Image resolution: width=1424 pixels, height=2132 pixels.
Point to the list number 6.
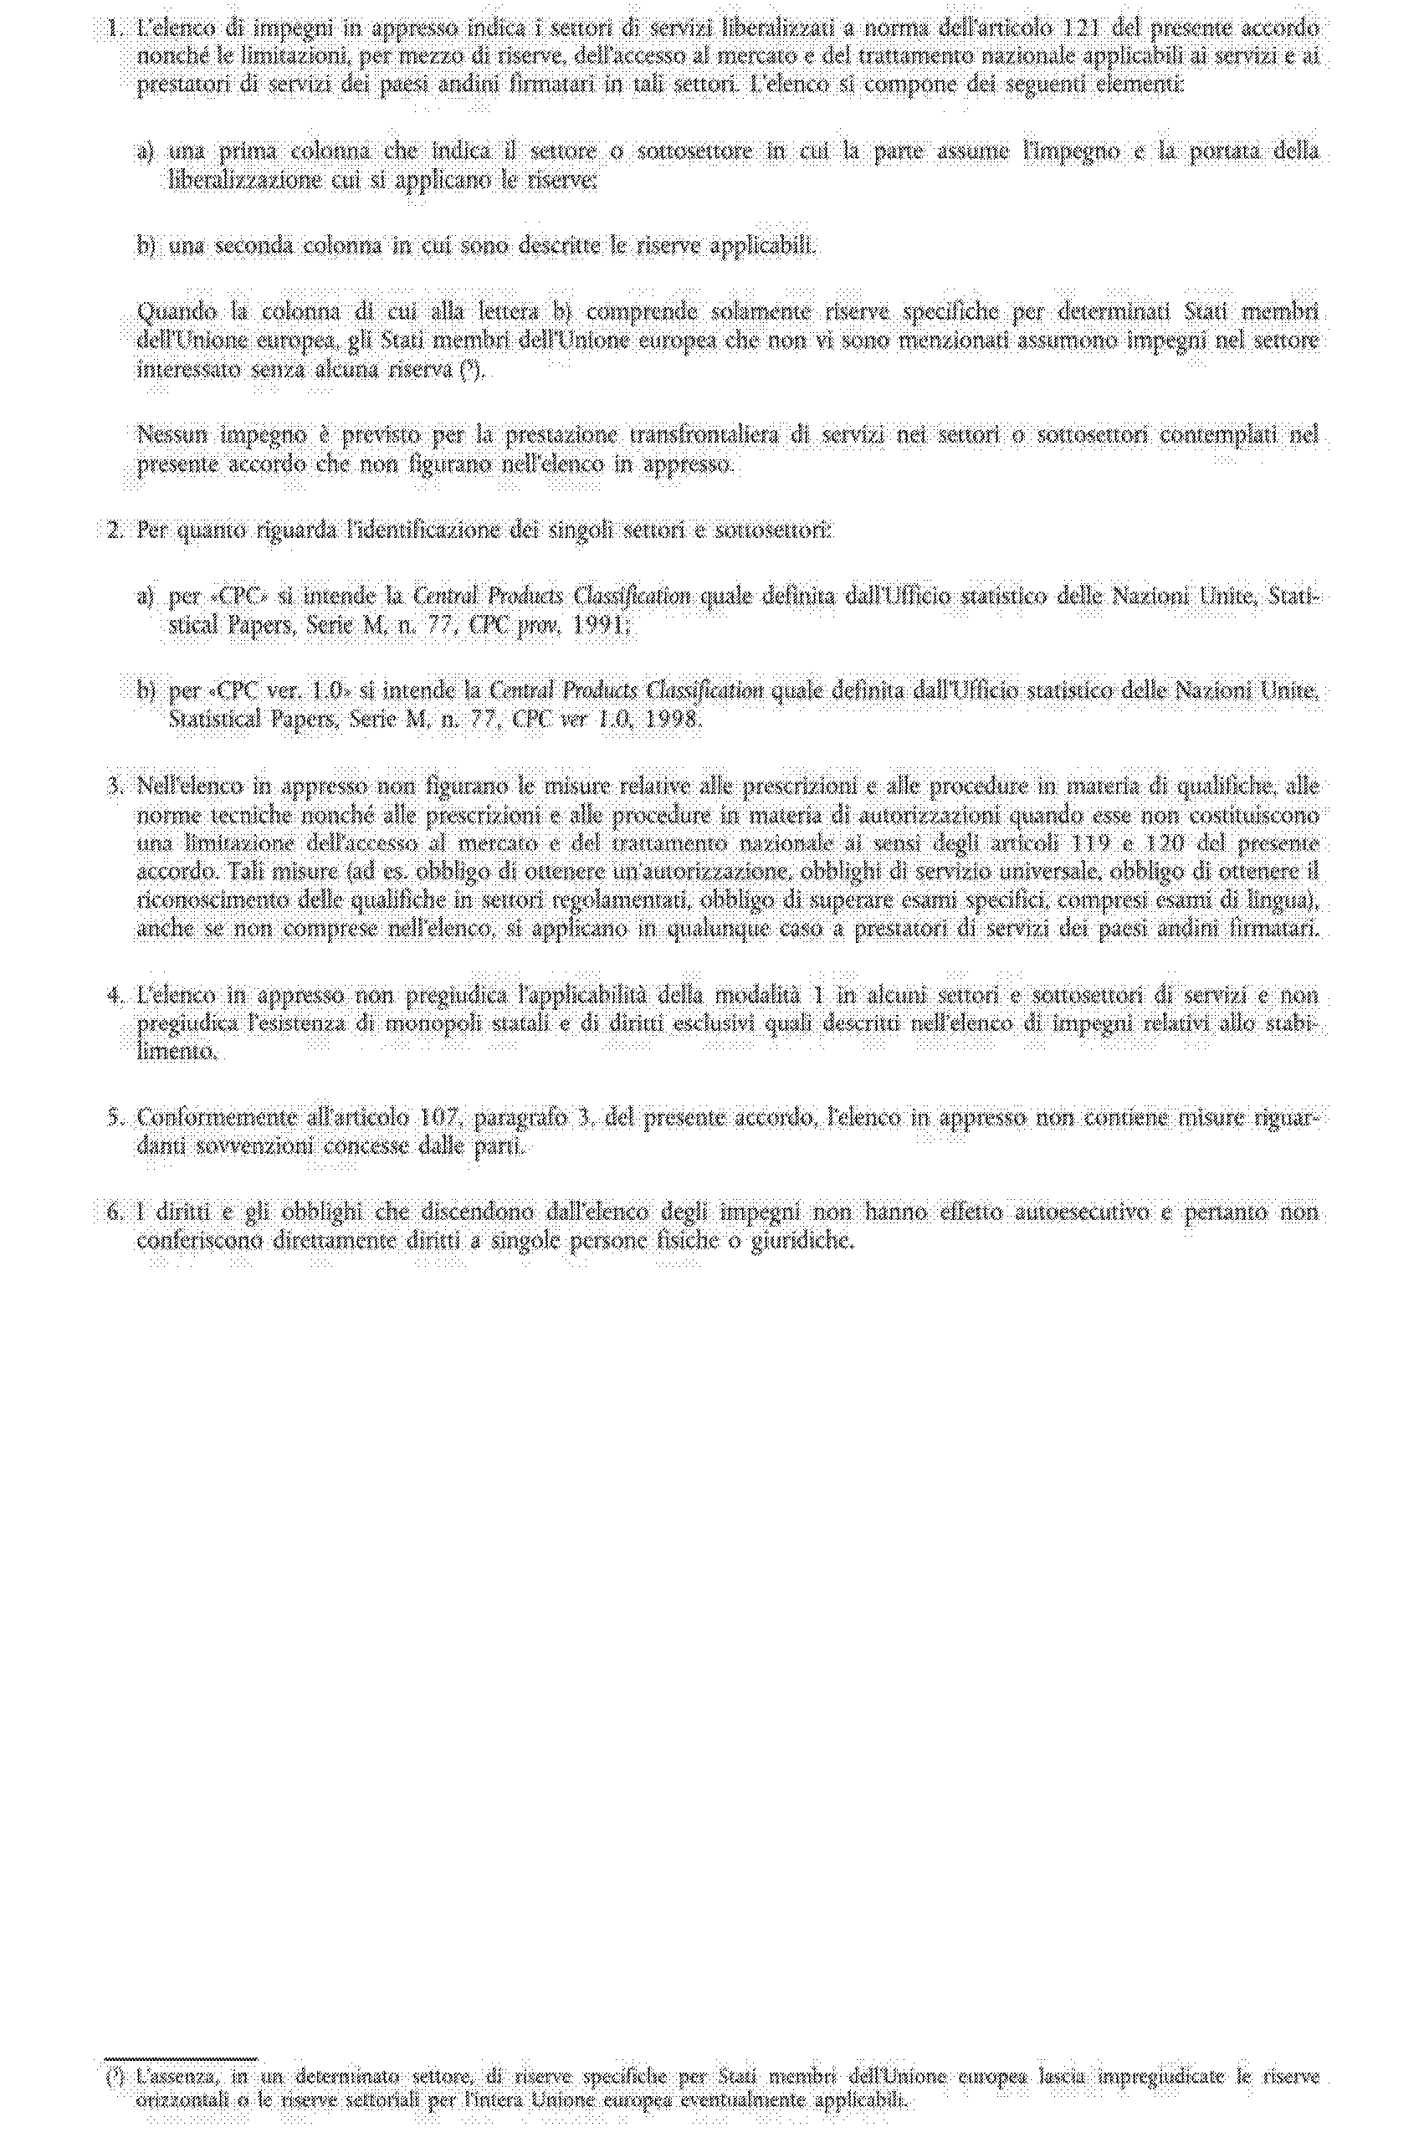[x=113, y=1212]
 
